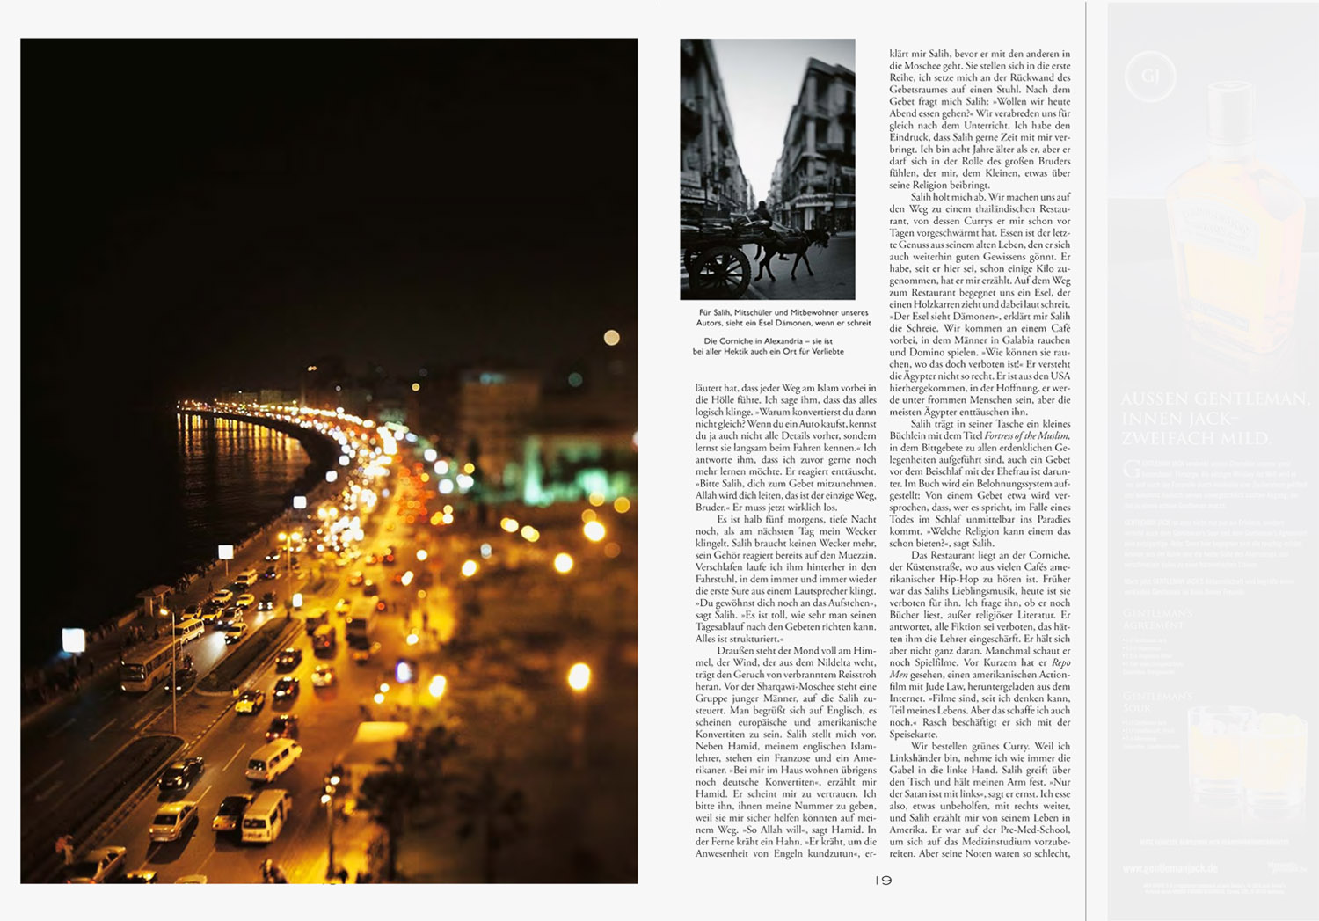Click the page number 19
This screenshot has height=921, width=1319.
click(883, 881)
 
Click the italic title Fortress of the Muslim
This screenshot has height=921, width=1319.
click(1027, 435)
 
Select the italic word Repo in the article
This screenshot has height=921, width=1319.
click(1061, 662)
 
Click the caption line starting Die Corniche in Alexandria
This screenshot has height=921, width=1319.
click(768, 341)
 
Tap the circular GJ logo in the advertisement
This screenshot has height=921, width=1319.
click(1150, 77)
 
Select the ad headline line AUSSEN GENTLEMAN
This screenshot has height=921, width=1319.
click(1214, 398)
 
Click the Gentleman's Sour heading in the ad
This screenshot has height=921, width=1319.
click(1157, 702)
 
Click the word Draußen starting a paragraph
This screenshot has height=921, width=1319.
click(735, 650)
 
